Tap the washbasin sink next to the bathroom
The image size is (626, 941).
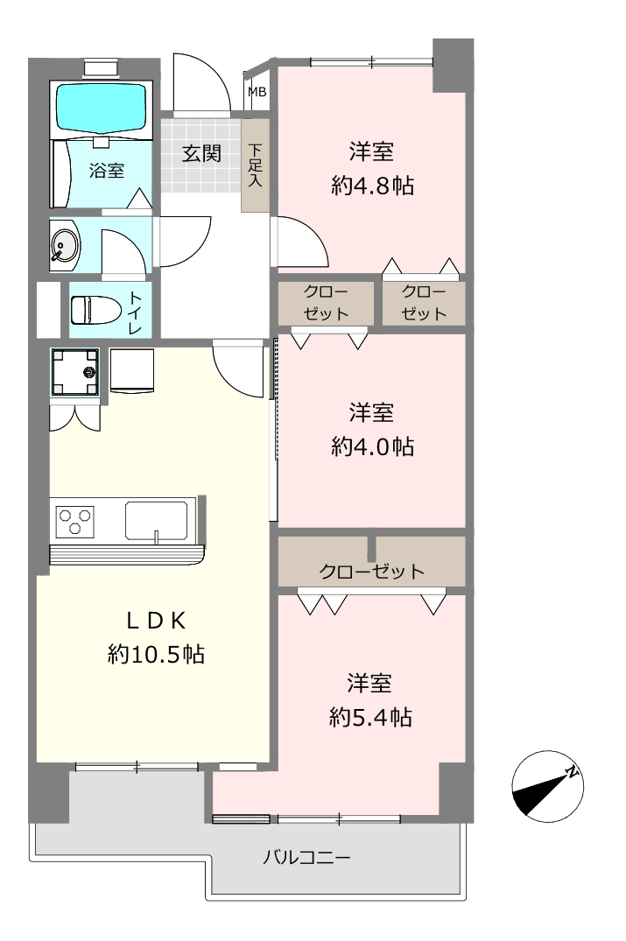coord(65,246)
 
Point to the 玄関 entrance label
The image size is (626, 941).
coord(201,154)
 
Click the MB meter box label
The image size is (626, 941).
coord(257,92)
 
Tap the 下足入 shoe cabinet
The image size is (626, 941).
coord(255,165)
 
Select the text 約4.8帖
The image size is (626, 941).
coord(372,186)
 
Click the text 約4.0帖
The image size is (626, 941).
coord(372,446)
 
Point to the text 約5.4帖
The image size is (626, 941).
coord(370,717)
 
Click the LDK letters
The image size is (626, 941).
coord(156,621)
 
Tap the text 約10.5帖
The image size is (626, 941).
coord(156,654)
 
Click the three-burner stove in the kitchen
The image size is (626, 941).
coord(74,521)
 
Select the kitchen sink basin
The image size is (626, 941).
coord(156,520)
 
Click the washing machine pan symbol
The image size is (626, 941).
coord(75,372)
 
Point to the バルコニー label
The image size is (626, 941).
coord(306,857)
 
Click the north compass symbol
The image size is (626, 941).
coord(547,786)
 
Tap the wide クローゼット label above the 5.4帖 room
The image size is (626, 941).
coord(371,571)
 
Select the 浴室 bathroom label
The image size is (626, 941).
coord(107,171)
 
